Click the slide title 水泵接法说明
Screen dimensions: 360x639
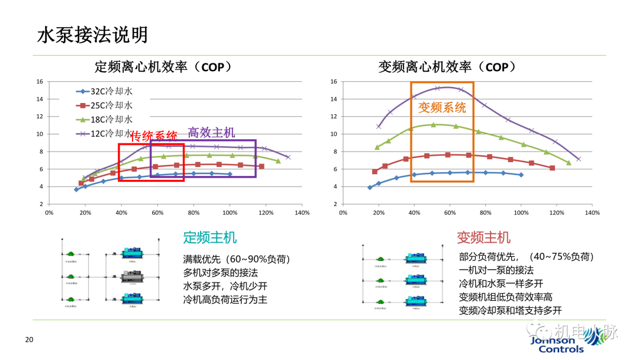coord(92,35)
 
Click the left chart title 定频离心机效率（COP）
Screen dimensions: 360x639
coord(163,67)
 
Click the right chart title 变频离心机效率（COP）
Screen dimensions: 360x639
coord(447,67)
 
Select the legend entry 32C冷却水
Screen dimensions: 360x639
coord(104,91)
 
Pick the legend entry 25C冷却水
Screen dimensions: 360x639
coord(104,105)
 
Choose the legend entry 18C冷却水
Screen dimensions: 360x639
coord(104,120)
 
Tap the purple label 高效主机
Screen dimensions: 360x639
coord(211,132)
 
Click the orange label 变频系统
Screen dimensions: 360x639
coord(442,107)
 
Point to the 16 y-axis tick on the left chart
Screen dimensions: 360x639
coord(40,82)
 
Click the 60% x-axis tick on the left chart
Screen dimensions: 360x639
coord(157,213)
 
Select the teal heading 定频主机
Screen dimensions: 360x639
coord(210,237)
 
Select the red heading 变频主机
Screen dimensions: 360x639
coord(483,237)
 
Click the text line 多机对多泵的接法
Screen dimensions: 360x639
coord(221,272)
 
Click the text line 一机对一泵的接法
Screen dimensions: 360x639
coord(496,270)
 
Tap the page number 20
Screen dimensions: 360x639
coord(28,340)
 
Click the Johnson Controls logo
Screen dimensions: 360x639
coord(553,344)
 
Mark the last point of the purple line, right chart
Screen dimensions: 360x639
coord(578,159)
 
